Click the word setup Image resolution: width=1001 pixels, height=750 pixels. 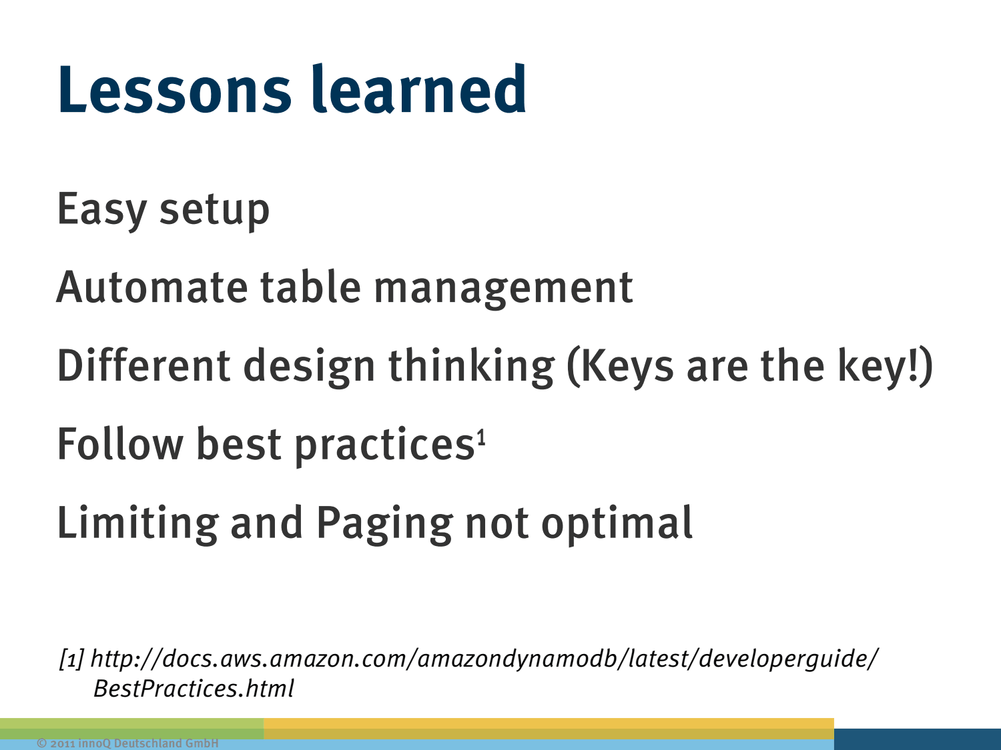point(214,211)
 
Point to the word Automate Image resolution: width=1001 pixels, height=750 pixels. point(152,287)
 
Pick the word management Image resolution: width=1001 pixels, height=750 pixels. point(503,289)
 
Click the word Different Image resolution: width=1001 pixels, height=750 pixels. point(143,365)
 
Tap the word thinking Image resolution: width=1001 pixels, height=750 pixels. point(472,367)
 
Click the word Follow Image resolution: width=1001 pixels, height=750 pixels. point(120,443)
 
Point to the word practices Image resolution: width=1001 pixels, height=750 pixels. point(384,446)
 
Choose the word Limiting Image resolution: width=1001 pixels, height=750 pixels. point(137,524)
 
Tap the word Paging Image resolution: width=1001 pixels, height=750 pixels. point(385,524)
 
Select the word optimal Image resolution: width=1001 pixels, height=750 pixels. point(617,524)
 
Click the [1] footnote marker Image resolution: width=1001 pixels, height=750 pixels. point(72,659)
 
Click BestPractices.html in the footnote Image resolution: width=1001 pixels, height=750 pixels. point(194,688)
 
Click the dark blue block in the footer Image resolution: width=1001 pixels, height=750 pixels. point(918,739)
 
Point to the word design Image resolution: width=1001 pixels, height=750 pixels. point(309,367)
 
